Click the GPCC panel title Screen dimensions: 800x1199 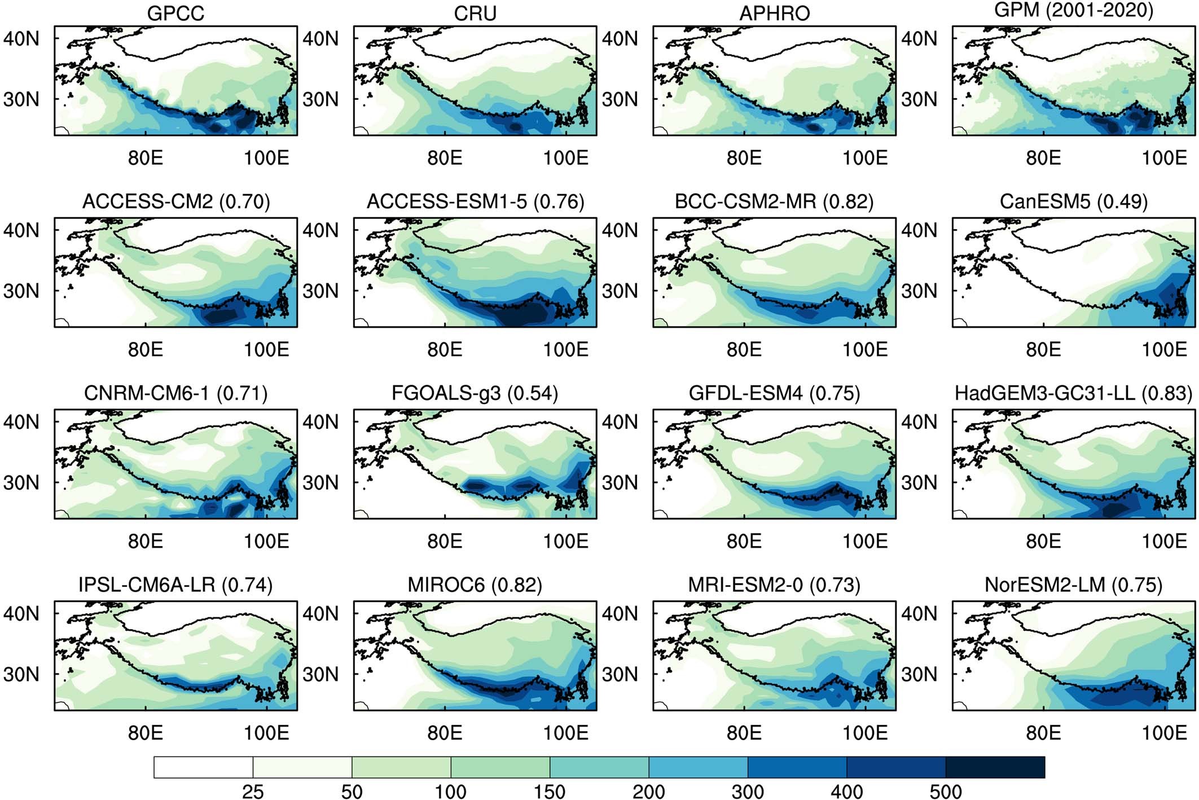175,13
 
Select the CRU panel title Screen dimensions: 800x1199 475,13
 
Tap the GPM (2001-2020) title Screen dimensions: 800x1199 1074,10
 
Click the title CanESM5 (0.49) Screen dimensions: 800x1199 1074,201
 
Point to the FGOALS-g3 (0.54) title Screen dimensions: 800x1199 475,393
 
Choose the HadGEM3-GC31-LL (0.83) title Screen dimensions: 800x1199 1074,393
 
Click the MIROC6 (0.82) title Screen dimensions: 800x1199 475,585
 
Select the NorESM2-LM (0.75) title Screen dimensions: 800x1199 1074,585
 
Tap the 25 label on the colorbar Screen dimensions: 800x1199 253,791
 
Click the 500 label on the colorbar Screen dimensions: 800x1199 946,791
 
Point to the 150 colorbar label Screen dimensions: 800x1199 550,791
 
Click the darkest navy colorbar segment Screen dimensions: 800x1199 995,767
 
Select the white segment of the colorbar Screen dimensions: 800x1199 203,767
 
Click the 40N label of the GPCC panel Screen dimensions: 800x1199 21,39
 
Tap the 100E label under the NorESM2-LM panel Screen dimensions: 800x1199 1165,733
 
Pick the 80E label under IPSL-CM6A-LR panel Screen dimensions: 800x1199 146,733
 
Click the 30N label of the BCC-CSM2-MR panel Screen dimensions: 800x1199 620,291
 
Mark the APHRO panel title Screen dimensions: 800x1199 775,13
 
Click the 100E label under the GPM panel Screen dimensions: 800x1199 1165,157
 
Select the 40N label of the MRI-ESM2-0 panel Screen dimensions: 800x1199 620,614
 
